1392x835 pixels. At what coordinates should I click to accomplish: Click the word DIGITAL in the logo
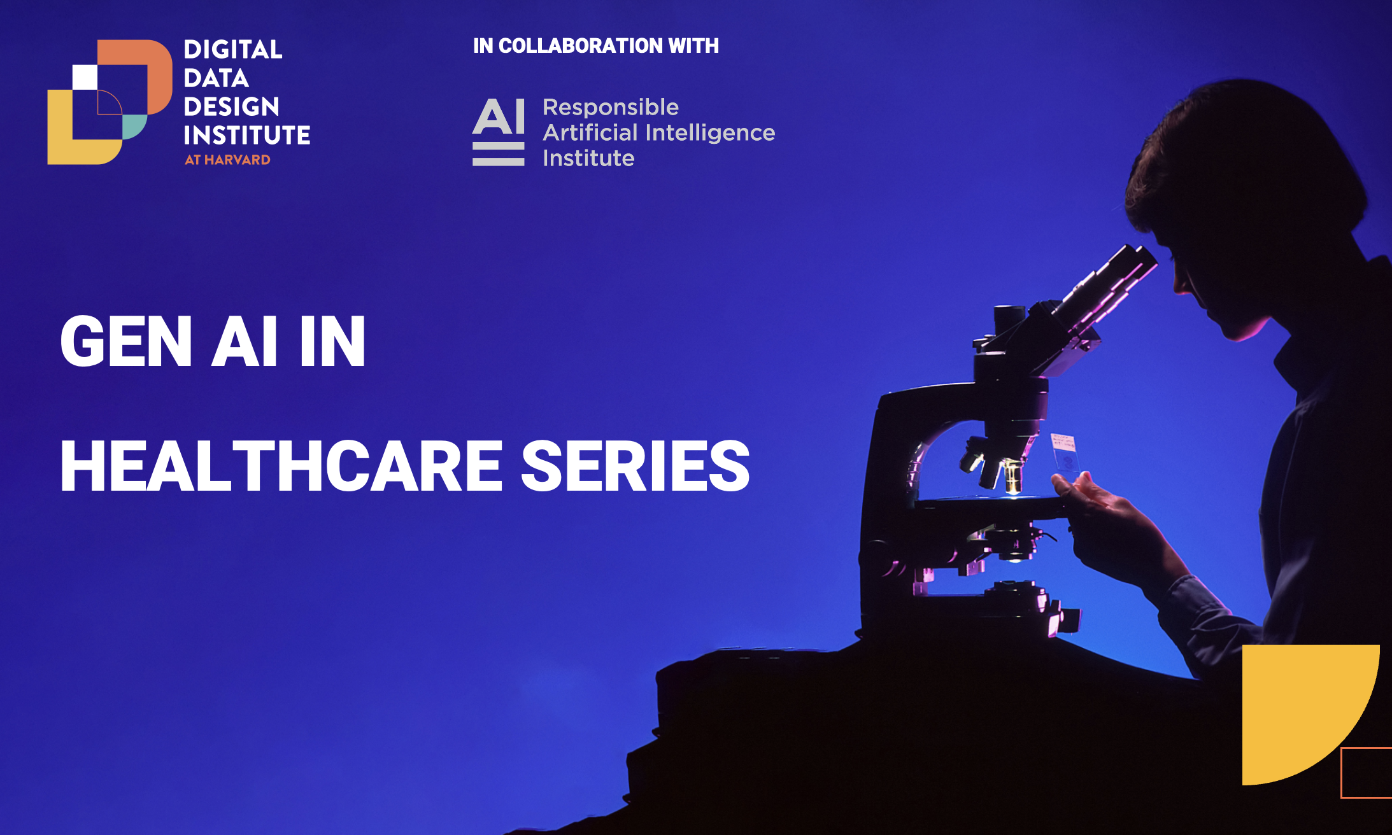pyautogui.click(x=233, y=50)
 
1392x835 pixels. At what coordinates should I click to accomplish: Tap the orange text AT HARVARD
pyautogui.click(x=227, y=160)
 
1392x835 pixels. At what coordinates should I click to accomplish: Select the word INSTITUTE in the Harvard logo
pyautogui.click(x=247, y=135)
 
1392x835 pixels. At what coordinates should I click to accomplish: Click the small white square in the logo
pyautogui.click(x=85, y=77)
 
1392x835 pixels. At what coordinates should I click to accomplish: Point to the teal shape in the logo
pyautogui.click(x=133, y=126)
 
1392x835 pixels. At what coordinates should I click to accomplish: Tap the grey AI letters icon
pyautogui.click(x=499, y=132)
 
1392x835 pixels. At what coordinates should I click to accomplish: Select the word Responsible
pyautogui.click(x=611, y=107)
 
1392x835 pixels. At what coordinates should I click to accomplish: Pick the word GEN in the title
pyautogui.click(x=126, y=342)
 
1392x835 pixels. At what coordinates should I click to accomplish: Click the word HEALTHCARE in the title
pyautogui.click(x=281, y=467)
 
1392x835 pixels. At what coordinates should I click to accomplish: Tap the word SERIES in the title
pyautogui.click(x=636, y=467)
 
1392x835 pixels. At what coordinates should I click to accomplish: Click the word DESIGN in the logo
pyautogui.click(x=232, y=106)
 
